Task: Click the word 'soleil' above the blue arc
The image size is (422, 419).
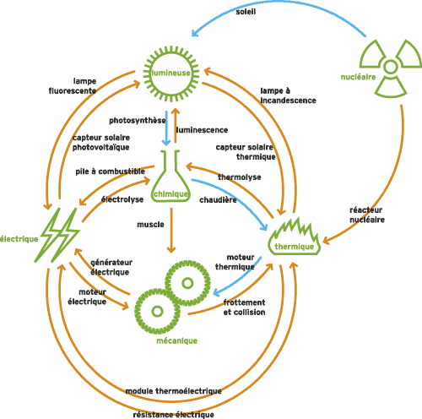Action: pyautogui.click(x=246, y=12)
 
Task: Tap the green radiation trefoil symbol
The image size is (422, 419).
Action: pyautogui.click(x=391, y=67)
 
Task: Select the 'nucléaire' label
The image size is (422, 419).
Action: pyautogui.click(x=358, y=77)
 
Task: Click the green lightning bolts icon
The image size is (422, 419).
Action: pyautogui.click(x=57, y=235)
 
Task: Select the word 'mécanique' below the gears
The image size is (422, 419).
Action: pyautogui.click(x=176, y=340)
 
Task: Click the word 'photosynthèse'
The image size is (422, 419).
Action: pyautogui.click(x=138, y=121)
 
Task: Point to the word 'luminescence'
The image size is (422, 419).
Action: pyautogui.click(x=202, y=130)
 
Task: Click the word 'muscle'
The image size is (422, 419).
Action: pyautogui.click(x=150, y=225)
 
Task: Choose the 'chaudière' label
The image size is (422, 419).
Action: pyautogui.click(x=218, y=200)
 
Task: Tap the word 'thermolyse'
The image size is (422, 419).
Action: pyautogui.click(x=240, y=177)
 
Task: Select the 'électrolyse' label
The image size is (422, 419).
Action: pyautogui.click(x=122, y=199)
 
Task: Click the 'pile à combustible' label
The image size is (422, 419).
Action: pyautogui.click(x=110, y=171)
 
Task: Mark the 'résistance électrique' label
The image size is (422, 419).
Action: pyautogui.click(x=173, y=415)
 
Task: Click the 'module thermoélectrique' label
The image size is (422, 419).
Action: pyautogui.click(x=173, y=391)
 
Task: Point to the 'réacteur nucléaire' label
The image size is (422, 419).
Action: pyautogui.click(x=367, y=215)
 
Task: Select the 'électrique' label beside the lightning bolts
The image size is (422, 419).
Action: pyautogui.click(x=19, y=239)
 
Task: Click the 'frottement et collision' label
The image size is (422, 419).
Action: pyautogui.click(x=244, y=307)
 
